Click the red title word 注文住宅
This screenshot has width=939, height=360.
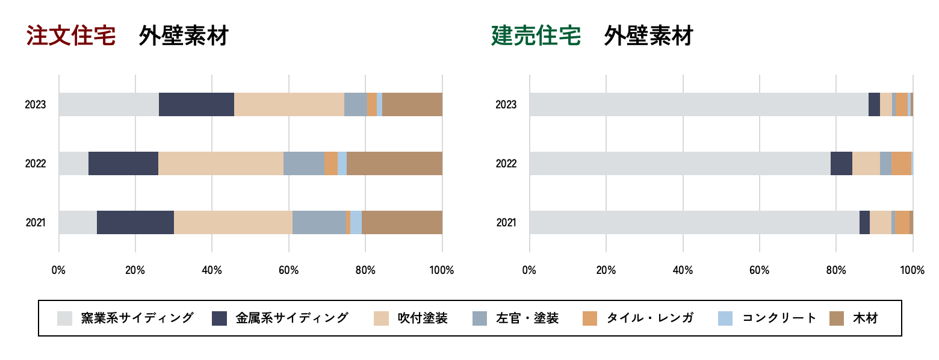pyautogui.click(x=70, y=36)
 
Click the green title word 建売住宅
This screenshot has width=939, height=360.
pyautogui.click(x=536, y=36)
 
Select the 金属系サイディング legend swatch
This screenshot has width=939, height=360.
pyautogui.click(x=220, y=318)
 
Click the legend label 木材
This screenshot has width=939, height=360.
pyautogui.click(x=865, y=318)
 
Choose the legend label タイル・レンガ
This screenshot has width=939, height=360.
pyautogui.click(x=649, y=318)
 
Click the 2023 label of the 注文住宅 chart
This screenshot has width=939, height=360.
pyautogui.click(x=36, y=105)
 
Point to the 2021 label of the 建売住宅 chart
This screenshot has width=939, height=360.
pyautogui.click(x=506, y=223)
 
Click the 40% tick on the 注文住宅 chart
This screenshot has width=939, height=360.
pyautogui.click(x=212, y=270)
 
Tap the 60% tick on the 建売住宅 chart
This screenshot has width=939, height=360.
pyautogui.click(x=760, y=270)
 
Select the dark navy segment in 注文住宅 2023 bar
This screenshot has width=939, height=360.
pyautogui.click(x=196, y=105)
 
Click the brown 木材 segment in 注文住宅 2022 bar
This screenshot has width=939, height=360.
pyautogui.click(x=394, y=164)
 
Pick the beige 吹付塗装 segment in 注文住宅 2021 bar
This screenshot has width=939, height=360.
pyautogui.click(x=233, y=223)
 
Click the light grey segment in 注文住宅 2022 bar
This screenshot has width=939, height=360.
pyautogui.click(x=73, y=164)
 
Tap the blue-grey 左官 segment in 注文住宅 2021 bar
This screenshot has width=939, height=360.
pyautogui.click(x=319, y=223)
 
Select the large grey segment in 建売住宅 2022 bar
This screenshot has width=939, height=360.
pyautogui.click(x=680, y=164)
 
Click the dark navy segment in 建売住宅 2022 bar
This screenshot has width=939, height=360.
pyautogui.click(x=841, y=164)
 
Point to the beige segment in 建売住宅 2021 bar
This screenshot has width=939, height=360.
pyautogui.click(x=880, y=223)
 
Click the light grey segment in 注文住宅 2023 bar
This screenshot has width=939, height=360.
pyautogui.click(x=108, y=105)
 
